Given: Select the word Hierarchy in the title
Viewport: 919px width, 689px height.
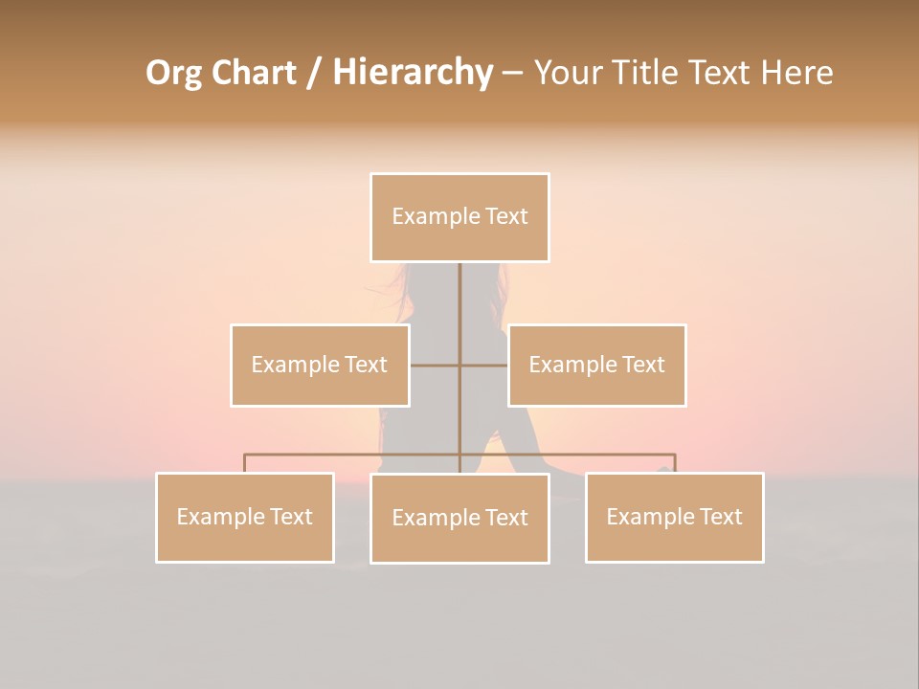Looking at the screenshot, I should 413,73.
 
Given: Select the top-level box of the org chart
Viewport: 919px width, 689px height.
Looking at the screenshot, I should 459,217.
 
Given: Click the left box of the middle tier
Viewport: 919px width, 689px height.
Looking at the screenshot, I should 320,366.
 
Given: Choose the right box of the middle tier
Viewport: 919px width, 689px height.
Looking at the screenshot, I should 596,366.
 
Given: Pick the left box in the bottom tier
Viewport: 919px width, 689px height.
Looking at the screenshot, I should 245,518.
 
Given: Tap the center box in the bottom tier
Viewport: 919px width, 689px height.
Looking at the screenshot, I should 459,518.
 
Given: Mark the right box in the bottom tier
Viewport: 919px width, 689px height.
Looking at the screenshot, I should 674,518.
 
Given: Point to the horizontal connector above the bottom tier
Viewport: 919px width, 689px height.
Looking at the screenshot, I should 354,455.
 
